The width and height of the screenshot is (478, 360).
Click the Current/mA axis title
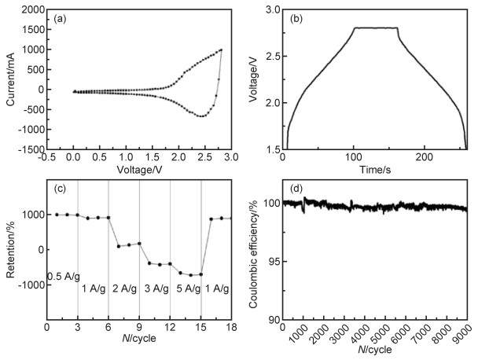[9, 79]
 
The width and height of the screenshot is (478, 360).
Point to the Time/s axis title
[373, 170]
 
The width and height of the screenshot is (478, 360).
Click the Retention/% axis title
[9, 249]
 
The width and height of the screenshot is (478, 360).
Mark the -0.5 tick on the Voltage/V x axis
[47, 157]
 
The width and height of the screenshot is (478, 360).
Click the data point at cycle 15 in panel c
[201, 274]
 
